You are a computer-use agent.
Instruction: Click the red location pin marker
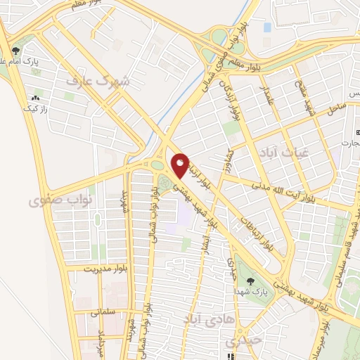click(180, 165)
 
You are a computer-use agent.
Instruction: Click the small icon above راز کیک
click(34, 98)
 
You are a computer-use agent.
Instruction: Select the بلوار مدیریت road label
click(103, 269)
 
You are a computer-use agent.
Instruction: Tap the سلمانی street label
click(108, 311)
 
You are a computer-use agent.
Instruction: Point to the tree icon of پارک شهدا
click(250, 281)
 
